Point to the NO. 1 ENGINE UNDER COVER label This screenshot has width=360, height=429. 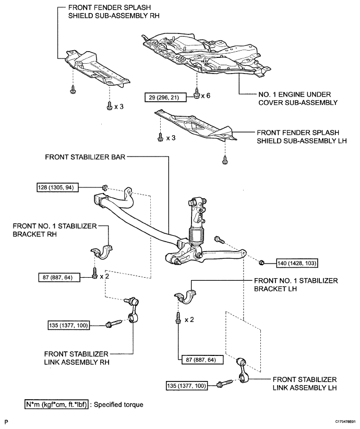[298, 99]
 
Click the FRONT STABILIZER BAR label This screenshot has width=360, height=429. [85, 157]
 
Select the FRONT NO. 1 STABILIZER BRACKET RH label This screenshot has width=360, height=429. [55, 230]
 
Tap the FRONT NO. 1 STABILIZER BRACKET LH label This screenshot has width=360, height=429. [296, 284]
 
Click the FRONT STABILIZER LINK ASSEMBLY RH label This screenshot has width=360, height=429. [77, 358]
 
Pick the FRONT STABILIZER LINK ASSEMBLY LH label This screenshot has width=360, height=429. [305, 384]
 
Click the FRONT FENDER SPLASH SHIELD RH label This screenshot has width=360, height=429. [114, 11]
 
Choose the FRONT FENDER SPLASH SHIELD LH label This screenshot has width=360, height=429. [302, 137]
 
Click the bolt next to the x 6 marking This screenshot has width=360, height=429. [197, 94]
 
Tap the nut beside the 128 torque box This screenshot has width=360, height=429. [104, 188]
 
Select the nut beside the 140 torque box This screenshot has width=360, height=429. [261, 263]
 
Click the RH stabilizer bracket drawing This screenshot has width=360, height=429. [102, 252]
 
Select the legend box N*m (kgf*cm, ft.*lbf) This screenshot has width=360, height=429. [56, 404]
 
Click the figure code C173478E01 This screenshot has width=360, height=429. [346, 422]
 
